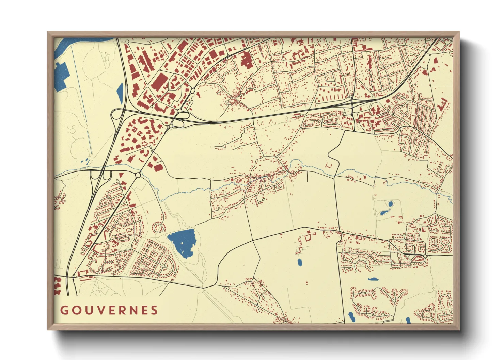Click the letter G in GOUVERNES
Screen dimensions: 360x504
coord(64,310)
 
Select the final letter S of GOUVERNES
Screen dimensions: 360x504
coord(155,310)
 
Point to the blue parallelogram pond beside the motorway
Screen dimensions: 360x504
coord(120,93)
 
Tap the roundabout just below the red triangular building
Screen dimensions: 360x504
coord(138,175)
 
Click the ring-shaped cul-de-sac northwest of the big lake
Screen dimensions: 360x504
coord(158,227)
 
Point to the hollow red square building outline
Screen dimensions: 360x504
coord(329,165)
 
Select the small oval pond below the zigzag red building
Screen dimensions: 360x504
coord(300,262)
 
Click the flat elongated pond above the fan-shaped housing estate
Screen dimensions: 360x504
coord(373,279)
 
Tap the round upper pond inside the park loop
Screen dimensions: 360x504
coord(390,204)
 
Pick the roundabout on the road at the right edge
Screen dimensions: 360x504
coord(425,256)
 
